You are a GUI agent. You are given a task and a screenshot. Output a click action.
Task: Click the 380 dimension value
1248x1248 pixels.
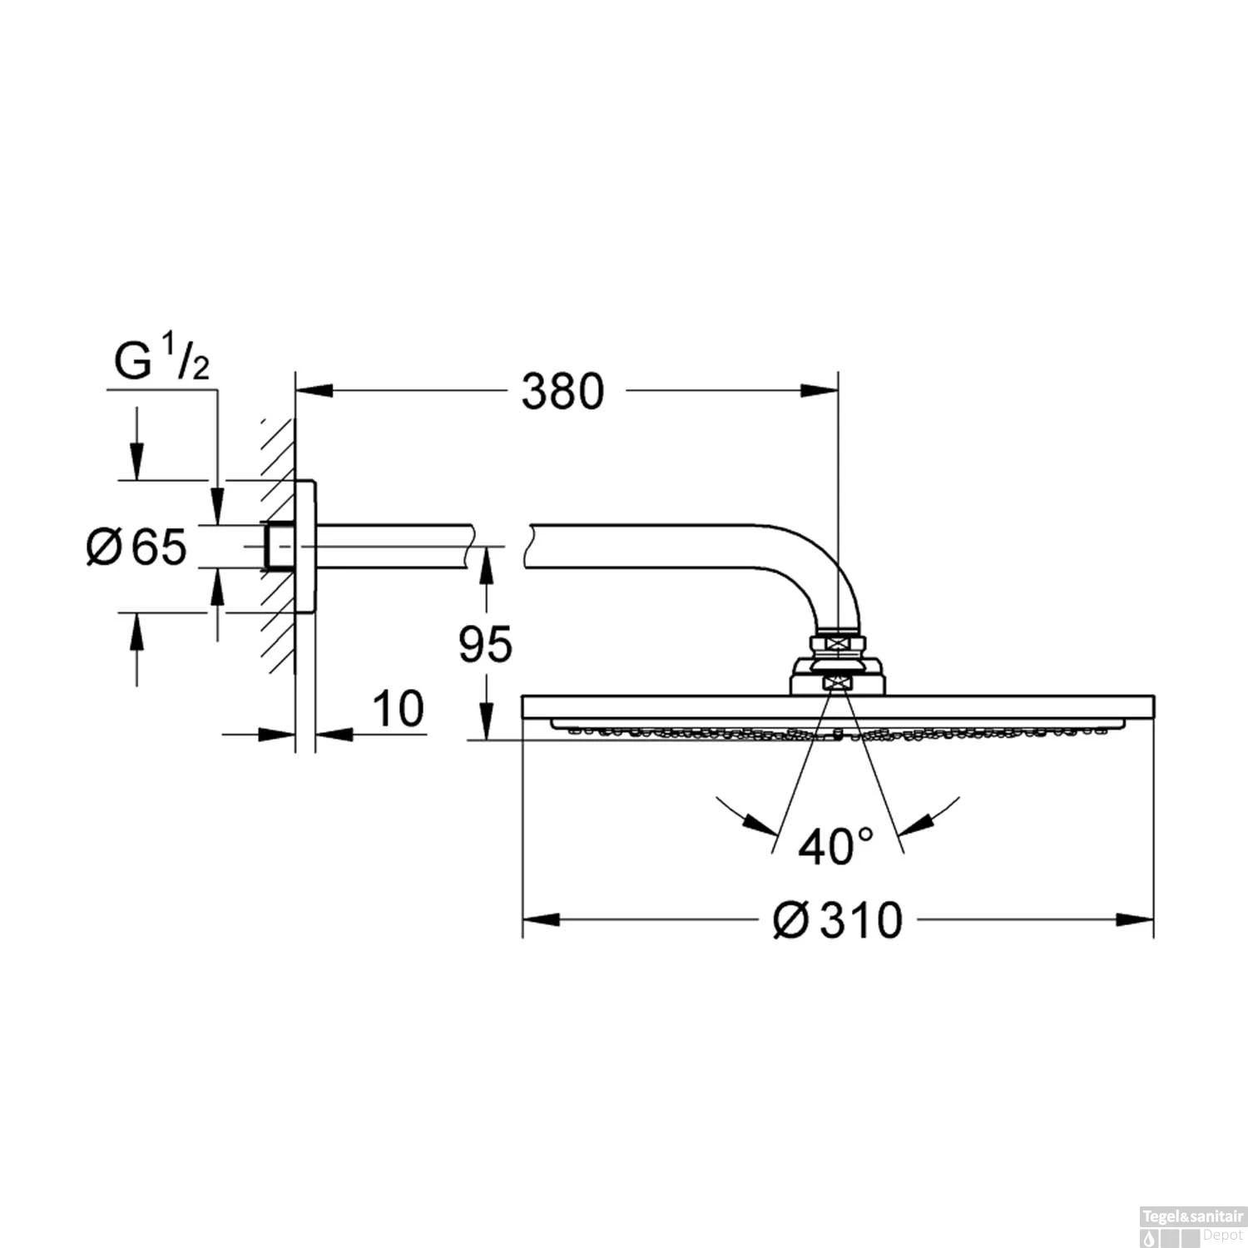562,392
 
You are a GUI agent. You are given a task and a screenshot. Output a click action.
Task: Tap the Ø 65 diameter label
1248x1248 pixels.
137,547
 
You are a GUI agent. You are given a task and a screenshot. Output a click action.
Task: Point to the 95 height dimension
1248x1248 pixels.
486,644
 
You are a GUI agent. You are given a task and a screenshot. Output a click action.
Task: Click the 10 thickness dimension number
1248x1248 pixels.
398,710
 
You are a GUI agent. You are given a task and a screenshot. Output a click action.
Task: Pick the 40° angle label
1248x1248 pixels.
835,846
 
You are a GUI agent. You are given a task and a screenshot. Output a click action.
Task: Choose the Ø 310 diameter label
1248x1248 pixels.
837,920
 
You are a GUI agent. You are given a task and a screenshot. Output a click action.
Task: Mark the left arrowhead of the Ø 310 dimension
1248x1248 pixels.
540,920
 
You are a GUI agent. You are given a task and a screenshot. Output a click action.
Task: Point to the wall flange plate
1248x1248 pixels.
305,547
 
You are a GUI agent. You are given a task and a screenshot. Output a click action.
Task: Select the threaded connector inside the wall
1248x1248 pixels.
278,547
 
